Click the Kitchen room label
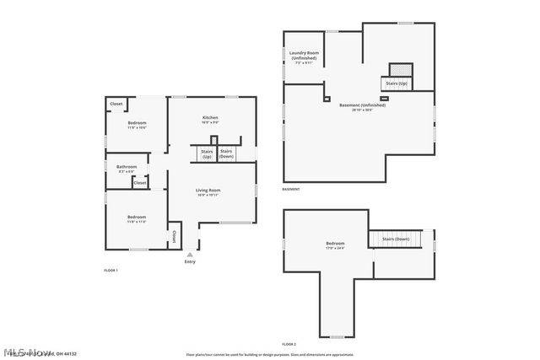click(x=210, y=119)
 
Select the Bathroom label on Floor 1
click(x=127, y=168)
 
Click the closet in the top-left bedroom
click(x=116, y=104)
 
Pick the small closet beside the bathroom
click(x=139, y=182)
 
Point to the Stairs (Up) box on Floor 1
click(x=206, y=153)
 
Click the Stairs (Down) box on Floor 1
click(x=226, y=153)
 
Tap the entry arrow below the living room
click(x=190, y=253)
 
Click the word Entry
click(x=190, y=261)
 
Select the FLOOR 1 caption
click(x=111, y=270)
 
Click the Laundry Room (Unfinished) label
click(x=302, y=57)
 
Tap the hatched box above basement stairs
click(x=400, y=70)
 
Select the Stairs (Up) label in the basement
click(x=395, y=83)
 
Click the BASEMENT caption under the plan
click(x=291, y=189)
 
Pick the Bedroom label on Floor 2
click(x=335, y=246)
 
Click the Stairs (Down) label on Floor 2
click(x=396, y=239)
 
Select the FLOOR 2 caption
click(x=289, y=344)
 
